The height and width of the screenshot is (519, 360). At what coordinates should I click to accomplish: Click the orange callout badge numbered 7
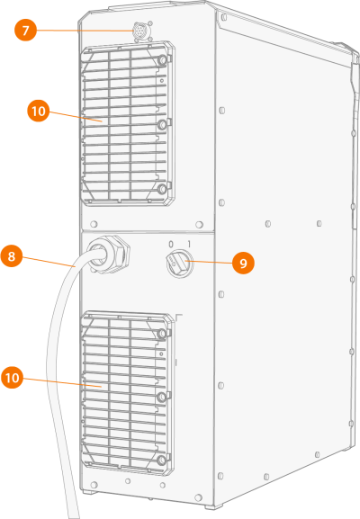[x=25, y=30]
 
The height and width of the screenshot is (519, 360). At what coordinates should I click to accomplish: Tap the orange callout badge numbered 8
[x=12, y=255]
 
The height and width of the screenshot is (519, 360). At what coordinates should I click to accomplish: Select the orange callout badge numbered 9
[x=243, y=264]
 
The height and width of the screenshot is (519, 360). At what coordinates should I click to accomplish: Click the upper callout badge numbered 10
[x=39, y=111]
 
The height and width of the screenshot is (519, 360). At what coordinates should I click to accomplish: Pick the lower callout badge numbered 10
[x=13, y=378]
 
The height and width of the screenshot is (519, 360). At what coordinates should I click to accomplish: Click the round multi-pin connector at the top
[x=139, y=31]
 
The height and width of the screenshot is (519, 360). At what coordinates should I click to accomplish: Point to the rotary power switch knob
[x=179, y=264]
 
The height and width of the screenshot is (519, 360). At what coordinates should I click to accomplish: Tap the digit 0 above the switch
[x=171, y=245]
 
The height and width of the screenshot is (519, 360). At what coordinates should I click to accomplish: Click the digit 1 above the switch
[x=189, y=245]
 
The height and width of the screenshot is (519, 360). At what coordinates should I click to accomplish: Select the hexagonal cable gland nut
[x=109, y=254]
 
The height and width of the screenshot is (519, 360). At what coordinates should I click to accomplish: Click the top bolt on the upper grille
[x=162, y=60]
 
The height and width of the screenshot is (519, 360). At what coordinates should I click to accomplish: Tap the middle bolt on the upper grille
[x=162, y=125]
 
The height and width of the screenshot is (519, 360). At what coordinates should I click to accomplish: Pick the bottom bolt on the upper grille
[x=162, y=189]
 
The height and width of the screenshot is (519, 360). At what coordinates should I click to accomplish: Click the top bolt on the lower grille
[x=162, y=334]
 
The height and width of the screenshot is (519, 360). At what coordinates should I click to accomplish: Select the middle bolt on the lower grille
[x=162, y=397]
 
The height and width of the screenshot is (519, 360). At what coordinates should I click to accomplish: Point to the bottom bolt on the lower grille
[x=161, y=460]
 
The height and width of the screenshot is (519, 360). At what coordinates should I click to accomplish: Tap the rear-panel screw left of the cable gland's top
[x=94, y=224]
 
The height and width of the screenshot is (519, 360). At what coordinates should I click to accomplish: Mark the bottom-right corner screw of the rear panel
[x=198, y=497]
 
